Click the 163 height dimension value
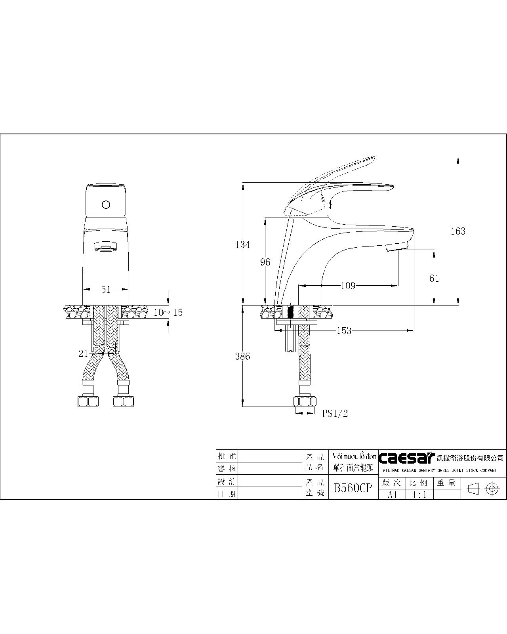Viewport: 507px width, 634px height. [458, 231]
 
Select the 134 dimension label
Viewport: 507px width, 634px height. [242, 244]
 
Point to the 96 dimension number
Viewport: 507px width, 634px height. [265, 262]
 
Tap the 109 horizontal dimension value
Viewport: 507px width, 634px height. [348, 286]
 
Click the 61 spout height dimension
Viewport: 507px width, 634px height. [434, 278]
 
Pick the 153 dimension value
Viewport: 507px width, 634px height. [343, 330]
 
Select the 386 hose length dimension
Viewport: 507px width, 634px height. [242, 356]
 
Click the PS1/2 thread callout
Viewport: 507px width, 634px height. [335, 413]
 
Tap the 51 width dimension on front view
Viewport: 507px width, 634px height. [106, 290]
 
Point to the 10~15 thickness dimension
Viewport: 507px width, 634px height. [168, 312]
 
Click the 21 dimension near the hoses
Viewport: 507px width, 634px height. [83, 354]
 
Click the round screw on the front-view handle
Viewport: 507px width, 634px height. [105, 205]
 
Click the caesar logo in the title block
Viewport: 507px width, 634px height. [407, 458]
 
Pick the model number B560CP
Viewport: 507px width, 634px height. [353, 488]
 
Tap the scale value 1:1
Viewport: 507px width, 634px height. [419, 495]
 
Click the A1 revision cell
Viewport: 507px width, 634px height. [392, 495]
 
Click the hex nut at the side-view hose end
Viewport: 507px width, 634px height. [305, 401]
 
